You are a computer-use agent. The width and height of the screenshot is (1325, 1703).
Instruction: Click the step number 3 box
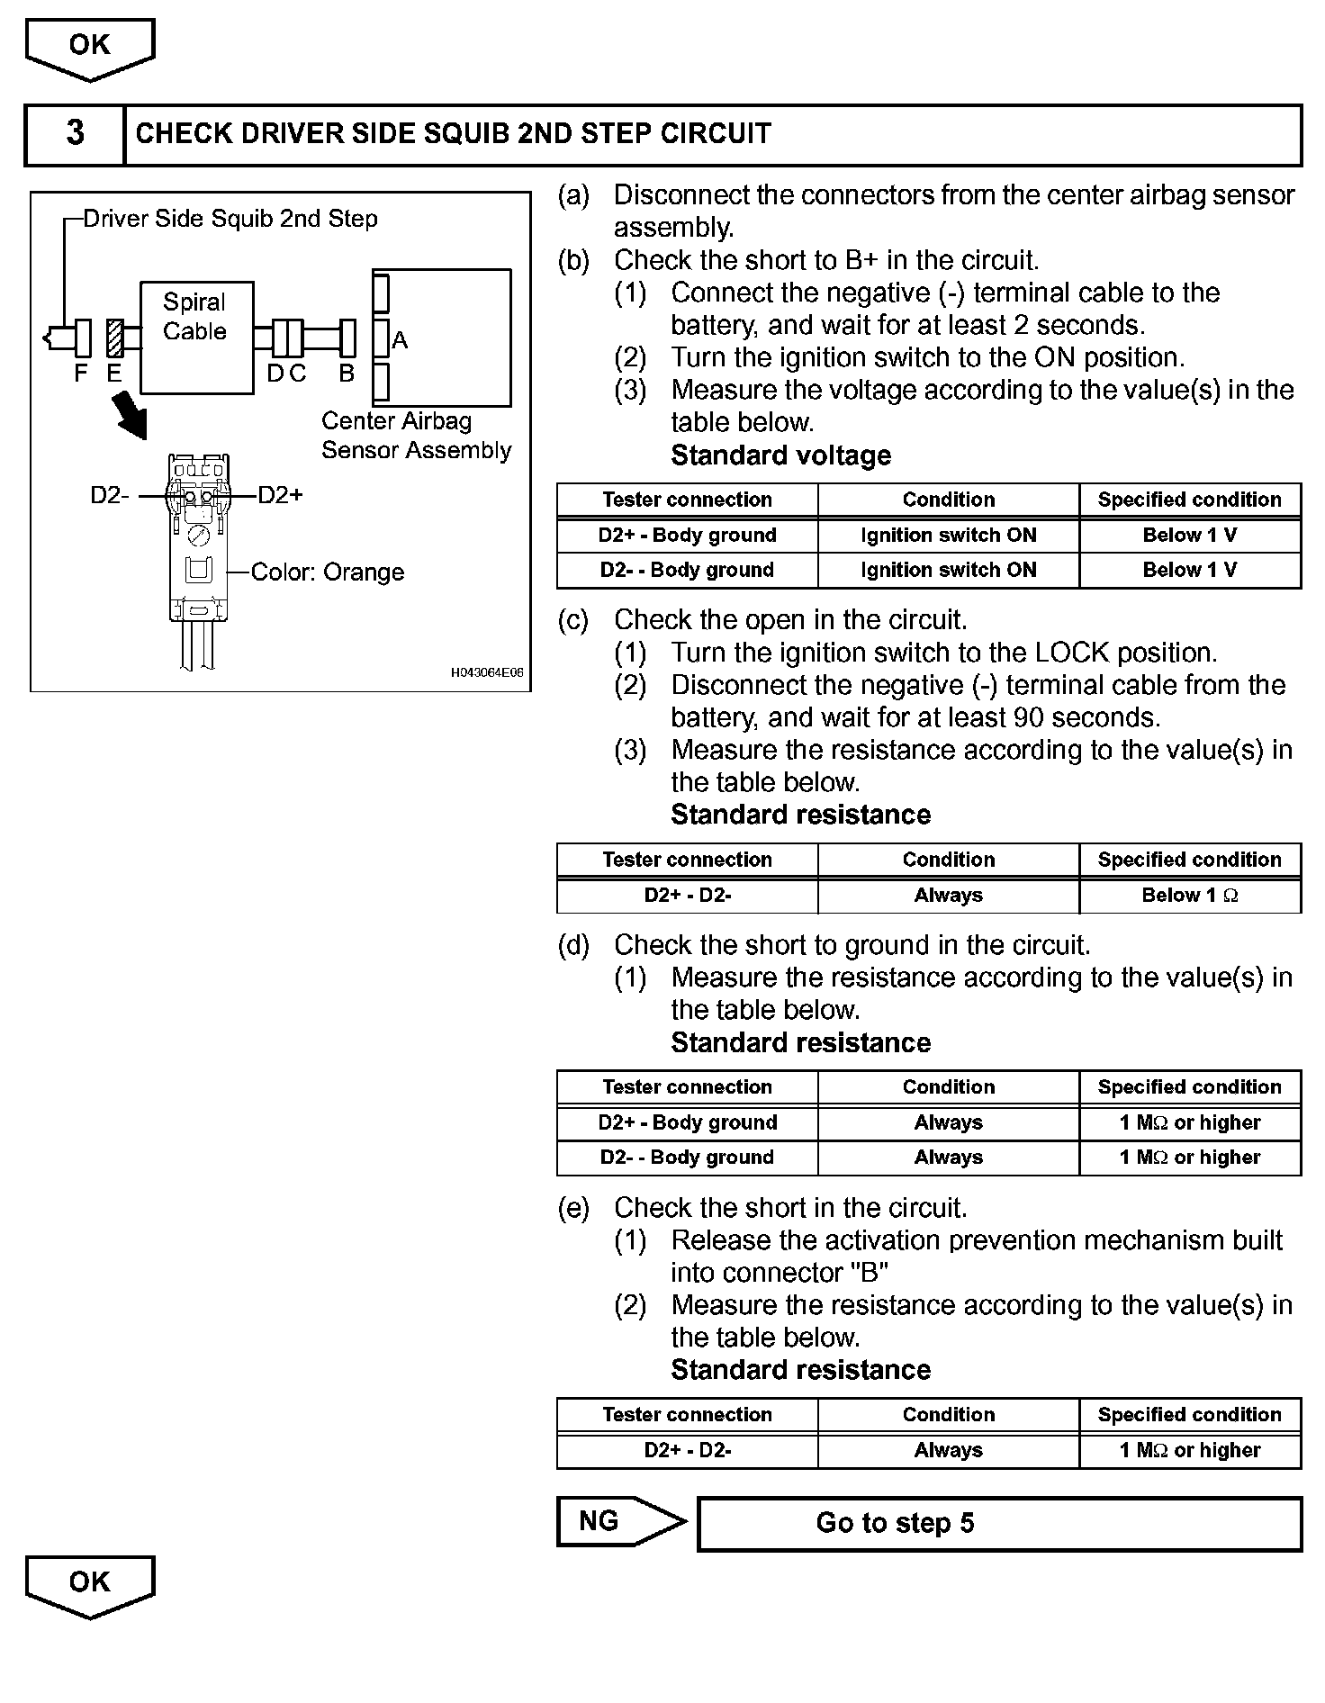[x=75, y=134]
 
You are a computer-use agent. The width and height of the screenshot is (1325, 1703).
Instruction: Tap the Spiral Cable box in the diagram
[x=196, y=338]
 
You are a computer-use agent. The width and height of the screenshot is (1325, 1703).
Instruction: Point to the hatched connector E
[x=114, y=338]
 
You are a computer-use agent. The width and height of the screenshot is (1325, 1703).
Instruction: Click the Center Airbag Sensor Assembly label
[x=416, y=436]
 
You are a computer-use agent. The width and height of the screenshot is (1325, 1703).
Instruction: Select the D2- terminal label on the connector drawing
[x=110, y=495]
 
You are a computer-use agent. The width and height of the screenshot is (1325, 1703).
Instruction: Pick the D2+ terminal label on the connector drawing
[x=281, y=495]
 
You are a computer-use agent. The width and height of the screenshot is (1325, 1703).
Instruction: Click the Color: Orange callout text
[x=327, y=572]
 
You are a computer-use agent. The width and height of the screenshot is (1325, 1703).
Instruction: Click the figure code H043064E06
[x=486, y=672]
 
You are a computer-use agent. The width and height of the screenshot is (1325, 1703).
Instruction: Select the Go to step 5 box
[x=999, y=1524]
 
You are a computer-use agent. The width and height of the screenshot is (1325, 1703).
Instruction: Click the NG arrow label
[x=599, y=1521]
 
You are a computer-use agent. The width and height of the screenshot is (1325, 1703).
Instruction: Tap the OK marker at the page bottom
[x=89, y=1582]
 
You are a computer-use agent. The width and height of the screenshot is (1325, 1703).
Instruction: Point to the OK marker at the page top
[x=89, y=45]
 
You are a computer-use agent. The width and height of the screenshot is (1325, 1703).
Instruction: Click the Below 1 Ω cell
[x=1190, y=896]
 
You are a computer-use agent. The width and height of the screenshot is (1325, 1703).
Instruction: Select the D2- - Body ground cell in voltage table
[x=687, y=571]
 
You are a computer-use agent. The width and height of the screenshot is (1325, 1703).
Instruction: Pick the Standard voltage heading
[x=780, y=456]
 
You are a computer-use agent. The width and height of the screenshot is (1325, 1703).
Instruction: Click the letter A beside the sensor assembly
[x=400, y=341]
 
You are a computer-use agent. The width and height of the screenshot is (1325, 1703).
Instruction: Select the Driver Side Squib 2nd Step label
[x=230, y=219]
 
